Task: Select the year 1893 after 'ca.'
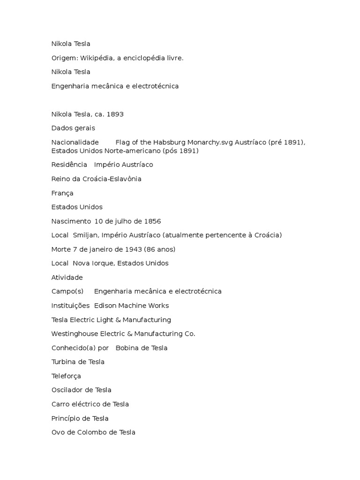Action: click(114, 114)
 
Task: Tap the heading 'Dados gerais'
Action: click(73, 128)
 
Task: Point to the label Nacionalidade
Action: click(75, 142)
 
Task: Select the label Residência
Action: click(69, 165)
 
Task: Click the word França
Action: click(62, 193)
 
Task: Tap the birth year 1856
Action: click(152, 221)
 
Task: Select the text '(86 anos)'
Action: click(160, 249)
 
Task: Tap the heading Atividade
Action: click(67, 277)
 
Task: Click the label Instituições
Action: click(70, 306)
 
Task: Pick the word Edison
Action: click(105, 306)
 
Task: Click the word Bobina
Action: click(127, 348)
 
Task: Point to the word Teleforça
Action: click(66, 376)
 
